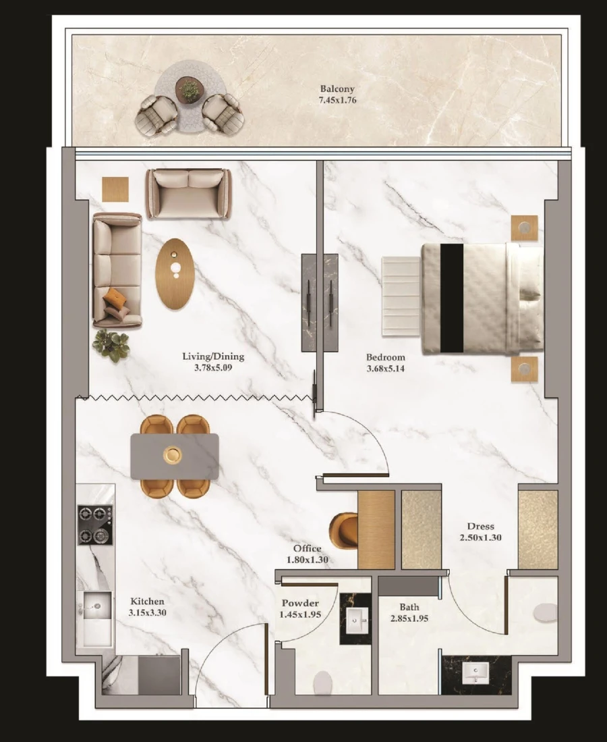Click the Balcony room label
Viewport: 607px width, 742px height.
pos(337,89)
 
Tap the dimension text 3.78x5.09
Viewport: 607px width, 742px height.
pos(213,368)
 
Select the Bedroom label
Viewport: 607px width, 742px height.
pos(386,357)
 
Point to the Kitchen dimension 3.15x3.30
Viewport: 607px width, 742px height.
pos(148,613)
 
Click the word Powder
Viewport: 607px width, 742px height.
pos(300,603)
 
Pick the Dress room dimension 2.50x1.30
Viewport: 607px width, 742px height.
pos(480,538)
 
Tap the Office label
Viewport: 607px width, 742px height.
pos(307,549)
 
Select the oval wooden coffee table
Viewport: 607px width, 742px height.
pos(175,273)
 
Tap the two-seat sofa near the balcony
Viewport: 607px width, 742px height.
pos(188,193)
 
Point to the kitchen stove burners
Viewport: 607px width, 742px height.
pos(95,525)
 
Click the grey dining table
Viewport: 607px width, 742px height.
pos(174,456)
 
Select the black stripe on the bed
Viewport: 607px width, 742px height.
pos(452,298)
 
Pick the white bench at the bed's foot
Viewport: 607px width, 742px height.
pos(401,296)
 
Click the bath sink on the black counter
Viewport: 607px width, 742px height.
pos(477,672)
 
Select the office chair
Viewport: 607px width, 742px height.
pos(345,531)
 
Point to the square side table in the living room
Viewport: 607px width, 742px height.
pos(115,188)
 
